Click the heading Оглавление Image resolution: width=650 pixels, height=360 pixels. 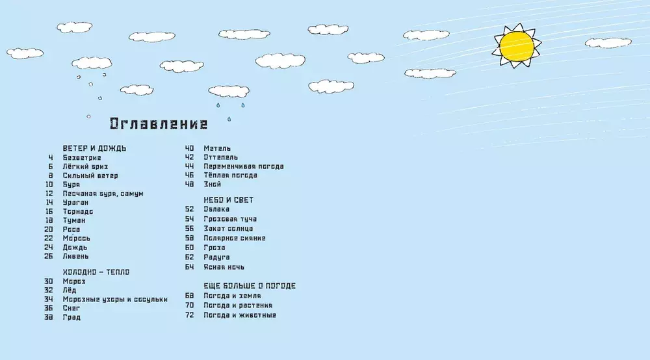(159, 124)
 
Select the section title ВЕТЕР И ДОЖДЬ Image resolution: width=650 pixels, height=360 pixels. (94, 148)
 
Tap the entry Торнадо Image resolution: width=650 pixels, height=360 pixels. (78, 212)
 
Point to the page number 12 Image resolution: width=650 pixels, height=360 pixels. (49, 194)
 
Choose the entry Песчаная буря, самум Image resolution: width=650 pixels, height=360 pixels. (103, 194)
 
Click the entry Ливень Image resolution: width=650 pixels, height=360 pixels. (76, 256)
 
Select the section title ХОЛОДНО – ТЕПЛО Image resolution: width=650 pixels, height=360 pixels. (96, 272)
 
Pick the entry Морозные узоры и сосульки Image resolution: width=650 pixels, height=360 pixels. (115, 300)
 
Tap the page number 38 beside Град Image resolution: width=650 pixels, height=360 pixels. (49, 318)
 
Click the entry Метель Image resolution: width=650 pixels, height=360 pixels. (217, 148)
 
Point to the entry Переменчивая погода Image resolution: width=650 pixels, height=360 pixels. (243, 166)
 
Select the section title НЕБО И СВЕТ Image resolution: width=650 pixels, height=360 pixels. (228, 200)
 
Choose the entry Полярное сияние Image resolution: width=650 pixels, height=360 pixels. (234, 238)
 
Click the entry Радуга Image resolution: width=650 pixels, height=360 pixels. (217, 257)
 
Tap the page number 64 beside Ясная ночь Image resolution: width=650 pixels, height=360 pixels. (190, 267)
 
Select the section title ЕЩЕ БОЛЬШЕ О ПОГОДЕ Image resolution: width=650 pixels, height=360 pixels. (250, 286)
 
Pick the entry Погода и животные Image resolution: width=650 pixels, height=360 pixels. (239, 315)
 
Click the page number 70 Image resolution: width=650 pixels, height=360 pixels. (190, 305)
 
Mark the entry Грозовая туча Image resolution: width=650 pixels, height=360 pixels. (230, 219)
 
